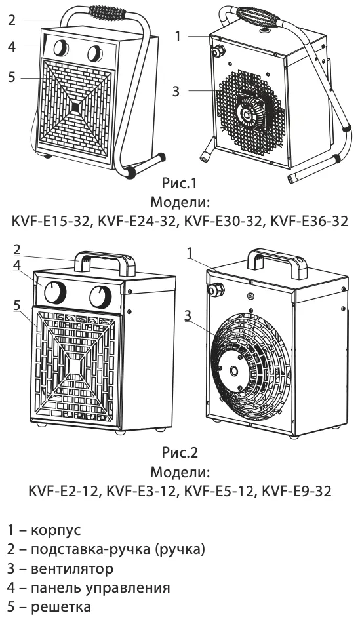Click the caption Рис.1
pos(180,183)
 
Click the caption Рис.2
pos(180,452)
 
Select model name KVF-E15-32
pos(50,221)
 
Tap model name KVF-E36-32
pos(310,221)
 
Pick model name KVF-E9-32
pos(296,491)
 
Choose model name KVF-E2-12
pos(63,491)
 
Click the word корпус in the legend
pos(56,530)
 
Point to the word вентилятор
pos(72,568)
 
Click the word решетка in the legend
pos(61,607)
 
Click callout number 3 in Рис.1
pos(176,91)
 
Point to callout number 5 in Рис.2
pos(16,305)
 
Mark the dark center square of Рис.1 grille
pos(75,107)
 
